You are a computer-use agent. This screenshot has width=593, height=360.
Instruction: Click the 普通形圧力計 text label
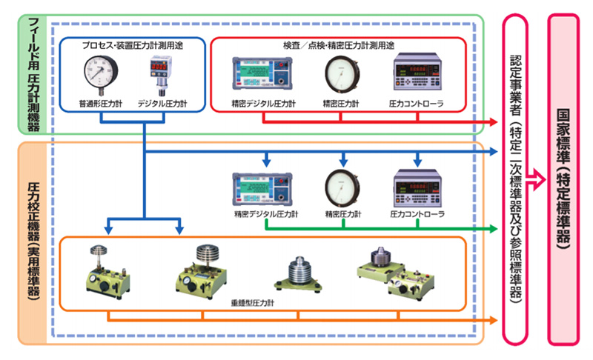pyautogui.click(x=100, y=104)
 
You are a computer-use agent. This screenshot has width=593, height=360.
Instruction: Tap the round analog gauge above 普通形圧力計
pyautogui.click(x=101, y=73)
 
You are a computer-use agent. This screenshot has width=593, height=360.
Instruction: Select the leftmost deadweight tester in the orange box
pyautogui.click(x=100, y=270)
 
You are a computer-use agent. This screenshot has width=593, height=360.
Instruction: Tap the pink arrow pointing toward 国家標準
pyautogui.click(x=537, y=178)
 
